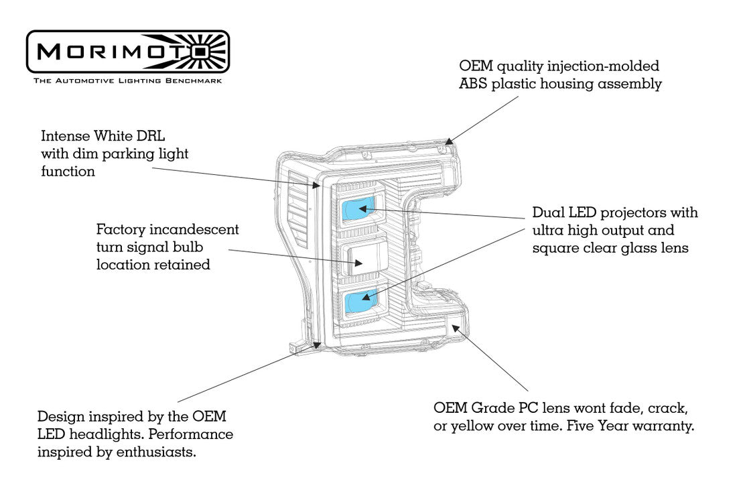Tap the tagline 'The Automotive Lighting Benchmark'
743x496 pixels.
127,80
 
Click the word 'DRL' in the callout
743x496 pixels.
151,136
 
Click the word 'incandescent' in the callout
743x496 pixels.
194,229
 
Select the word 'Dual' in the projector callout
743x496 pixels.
547,212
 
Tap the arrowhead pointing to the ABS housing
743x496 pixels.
450,141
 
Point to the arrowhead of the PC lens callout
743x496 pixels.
456,327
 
